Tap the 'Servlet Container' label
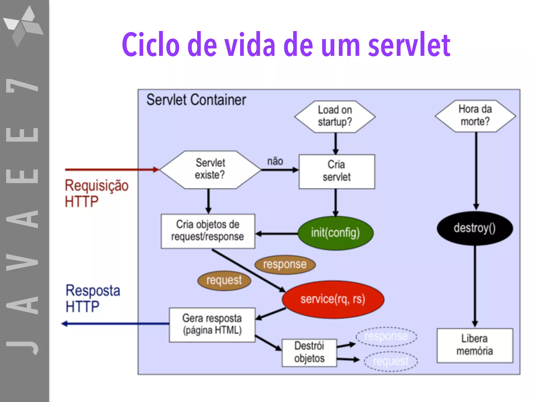pyautogui.click(x=196, y=100)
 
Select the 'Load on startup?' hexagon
pyautogui.click(x=335, y=116)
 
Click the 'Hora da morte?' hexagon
pyautogui.click(x=475, y=115)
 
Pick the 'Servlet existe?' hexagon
pyautogui.click(x=210, y=169)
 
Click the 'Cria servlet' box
pyautogui.click(x=336, y=171)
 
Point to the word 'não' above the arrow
pyautogui.click(x=275, y=161)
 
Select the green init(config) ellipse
pyautogui.click(x=335, y=233)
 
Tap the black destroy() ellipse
pyautogui.click(x=475, y=228)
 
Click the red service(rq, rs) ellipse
pyautogui.click(x=333, y=299)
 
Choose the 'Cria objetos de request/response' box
pyautogui.click(x=208, y=231)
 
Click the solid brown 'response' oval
pyautogui.click(x=285, y=264)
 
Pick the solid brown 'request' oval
pyautogui.click(x=224, y=280)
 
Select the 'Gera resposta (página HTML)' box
pyautogui.click(x=212, y=325)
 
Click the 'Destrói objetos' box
pyautogui.click(x=309, y=352)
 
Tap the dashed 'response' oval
pyautogui.click(x=386, y=336)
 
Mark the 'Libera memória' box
pyautogui.click(x=475, y=345)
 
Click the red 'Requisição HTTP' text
pyautogui.click(x=96, y=193)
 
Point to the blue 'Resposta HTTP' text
pyautogui.click(x=93, y=298)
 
